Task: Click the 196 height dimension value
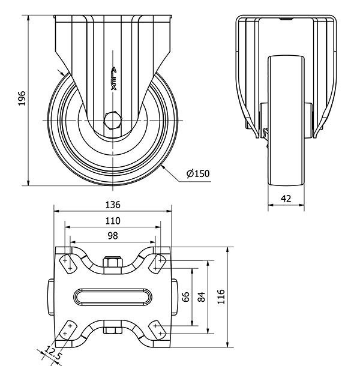tap(22, 100)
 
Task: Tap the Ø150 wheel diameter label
tap(198, 174)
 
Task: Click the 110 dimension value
tap(113, 221)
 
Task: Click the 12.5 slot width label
tap(53, 354)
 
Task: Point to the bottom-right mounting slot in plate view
tap(160, 329)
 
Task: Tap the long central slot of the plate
tap(113, 296)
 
